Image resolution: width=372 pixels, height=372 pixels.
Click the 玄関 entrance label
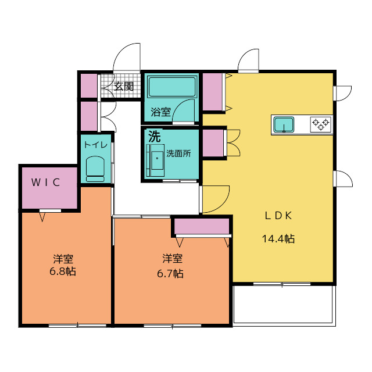tap(124, 87)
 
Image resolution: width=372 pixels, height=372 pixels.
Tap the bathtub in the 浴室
tap(172, 87)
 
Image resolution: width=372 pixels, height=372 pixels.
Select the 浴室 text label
tap(160, 112)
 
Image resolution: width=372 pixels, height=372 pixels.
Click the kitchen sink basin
tap(284, 124)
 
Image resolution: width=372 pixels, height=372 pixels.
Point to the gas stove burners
tap(321, 124)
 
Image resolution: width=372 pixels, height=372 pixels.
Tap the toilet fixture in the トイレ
tap(95, 169)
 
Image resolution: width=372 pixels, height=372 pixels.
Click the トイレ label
tap(95, 145)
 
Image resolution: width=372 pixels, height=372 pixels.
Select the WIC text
tap(45, 182)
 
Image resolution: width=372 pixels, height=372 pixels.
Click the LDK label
tap(278, 216)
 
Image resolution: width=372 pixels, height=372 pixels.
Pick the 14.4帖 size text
tap(278, 239)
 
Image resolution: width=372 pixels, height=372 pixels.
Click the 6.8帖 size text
tap(63, 271)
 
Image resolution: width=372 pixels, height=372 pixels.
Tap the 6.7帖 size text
tap(170, 274)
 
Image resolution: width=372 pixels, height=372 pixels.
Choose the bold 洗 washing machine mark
tap(155, 136)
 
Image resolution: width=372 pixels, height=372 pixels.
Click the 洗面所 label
tap(178, 153)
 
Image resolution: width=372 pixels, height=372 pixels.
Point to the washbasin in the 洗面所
tap(156, 160)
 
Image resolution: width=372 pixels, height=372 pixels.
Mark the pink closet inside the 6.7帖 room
tap(202, 226)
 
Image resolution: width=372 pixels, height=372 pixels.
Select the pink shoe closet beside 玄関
tap(89, 86)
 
